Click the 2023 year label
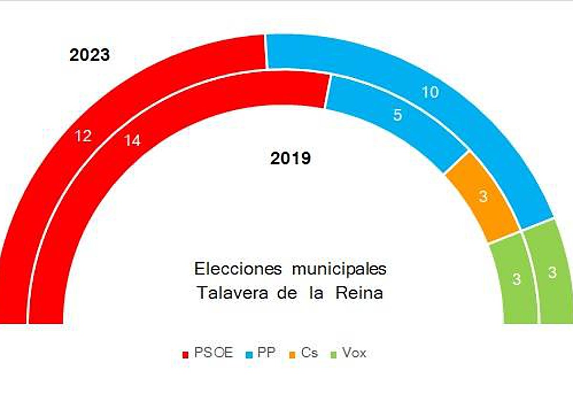(x=90, y=55)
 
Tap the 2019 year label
(x=290, y=158)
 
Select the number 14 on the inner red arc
(x=132, y=140)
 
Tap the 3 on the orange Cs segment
(x=483, y=196)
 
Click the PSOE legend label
(x=213, y=353)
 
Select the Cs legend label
(x=309, y=353)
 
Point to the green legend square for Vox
(x=335, y=355)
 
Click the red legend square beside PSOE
(x=186, y=355)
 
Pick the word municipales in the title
(x=339, y=269)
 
